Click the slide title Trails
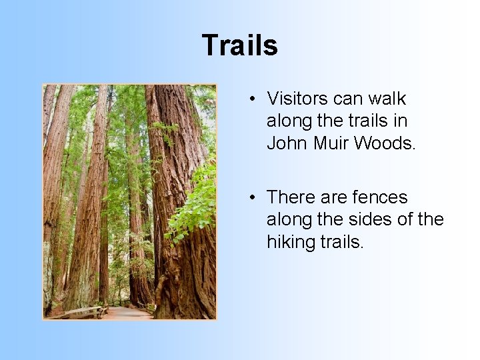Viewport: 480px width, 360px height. [239, 45]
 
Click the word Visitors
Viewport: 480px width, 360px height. [297, 99]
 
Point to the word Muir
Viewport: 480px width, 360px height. [331, 143]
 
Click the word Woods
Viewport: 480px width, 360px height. [385, 143]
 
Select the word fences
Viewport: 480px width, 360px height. [379, 197]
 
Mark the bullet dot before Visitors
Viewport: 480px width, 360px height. [254, 99]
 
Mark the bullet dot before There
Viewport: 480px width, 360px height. [254, 198]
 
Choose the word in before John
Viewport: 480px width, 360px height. [401, 121]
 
